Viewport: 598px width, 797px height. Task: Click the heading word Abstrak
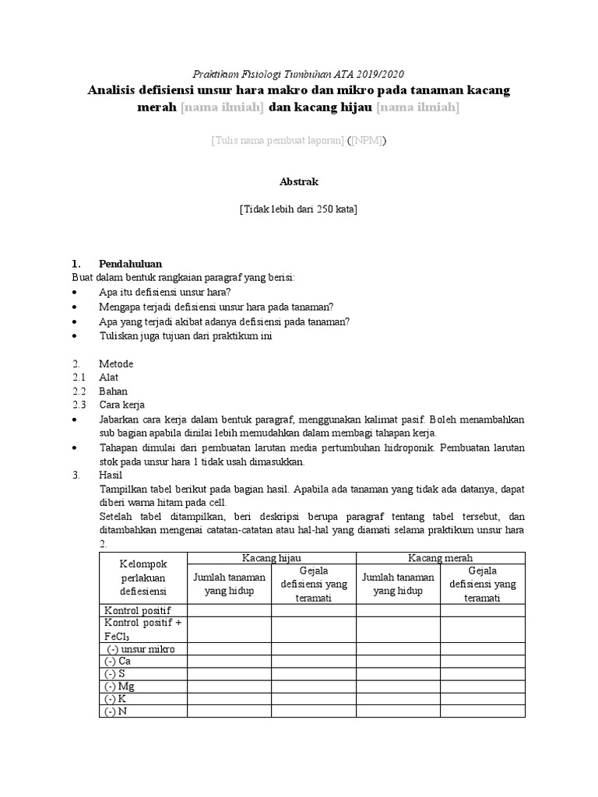click(x=298, y=181)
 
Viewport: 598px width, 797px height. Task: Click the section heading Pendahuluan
click(x=130, y=264)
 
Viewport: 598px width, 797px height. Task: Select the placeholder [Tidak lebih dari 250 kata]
click(x=298, y=209)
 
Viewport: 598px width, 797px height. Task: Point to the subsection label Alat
click(x=109, y=377)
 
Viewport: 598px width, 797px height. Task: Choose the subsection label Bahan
click(x=113, y=391)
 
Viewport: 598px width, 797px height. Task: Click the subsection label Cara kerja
click(x=121, y=406)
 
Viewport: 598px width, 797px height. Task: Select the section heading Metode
click(x=116, y=363)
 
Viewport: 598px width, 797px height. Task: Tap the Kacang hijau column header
click(x=271, y=558)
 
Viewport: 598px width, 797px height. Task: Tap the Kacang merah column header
click(x=440, y=558)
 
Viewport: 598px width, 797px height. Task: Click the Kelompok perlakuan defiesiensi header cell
click(x=143, y=578)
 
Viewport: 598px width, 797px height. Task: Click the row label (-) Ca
click(x=118, y=661)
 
